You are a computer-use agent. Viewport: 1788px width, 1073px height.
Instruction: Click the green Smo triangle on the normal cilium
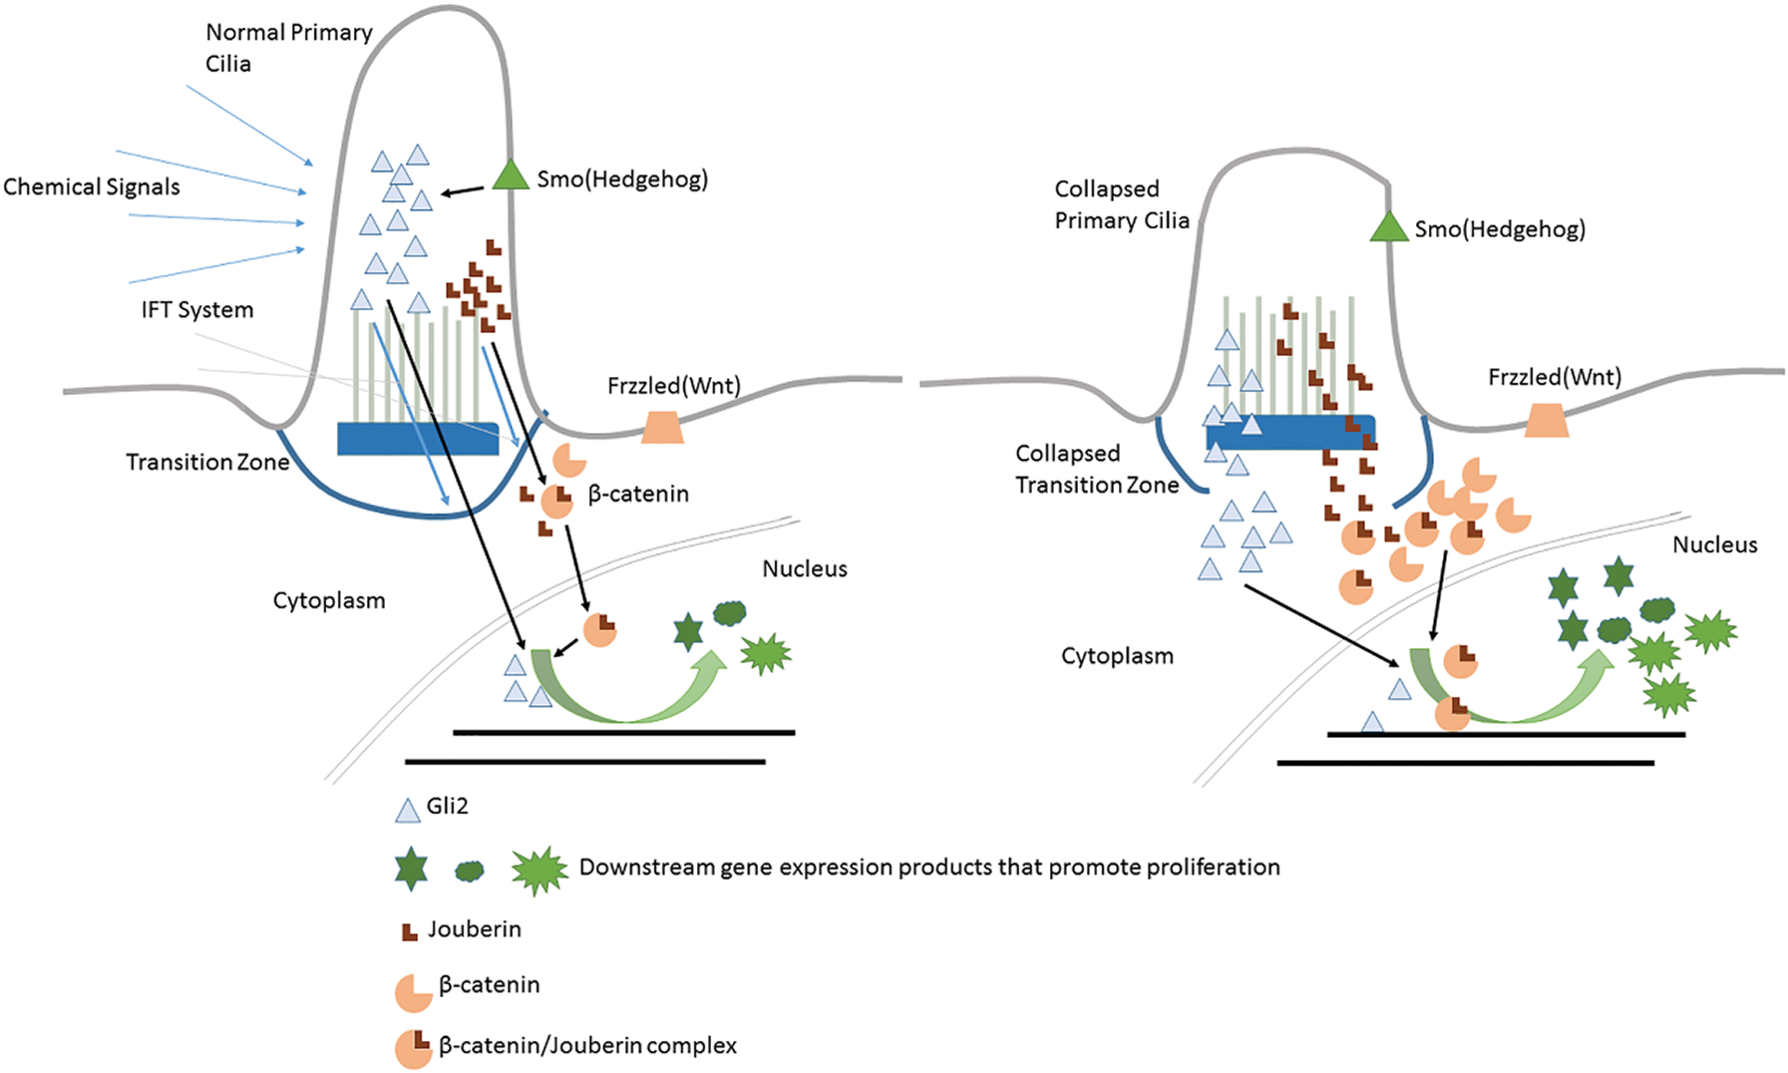[x=511, y=177]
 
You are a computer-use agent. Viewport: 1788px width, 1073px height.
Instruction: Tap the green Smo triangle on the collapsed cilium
[x=1388, y=228]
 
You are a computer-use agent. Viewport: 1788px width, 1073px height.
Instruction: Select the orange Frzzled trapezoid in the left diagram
[x=662, y=427]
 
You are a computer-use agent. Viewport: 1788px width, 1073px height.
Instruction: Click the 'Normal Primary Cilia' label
[x=288, y=48]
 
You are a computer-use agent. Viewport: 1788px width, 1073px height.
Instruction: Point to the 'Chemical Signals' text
[x=92, y=187]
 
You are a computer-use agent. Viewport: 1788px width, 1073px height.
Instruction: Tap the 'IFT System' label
[x=197, y=310]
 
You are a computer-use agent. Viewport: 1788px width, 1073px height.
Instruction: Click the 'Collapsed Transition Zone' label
[x=1096, y=469]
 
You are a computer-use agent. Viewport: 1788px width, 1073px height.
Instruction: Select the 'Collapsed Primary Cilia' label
[x=1122, y=204]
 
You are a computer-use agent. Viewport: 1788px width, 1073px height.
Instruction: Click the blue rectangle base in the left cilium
[x=418, y=439]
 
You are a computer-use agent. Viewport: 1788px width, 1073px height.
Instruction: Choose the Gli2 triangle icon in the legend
[x=408, y=811]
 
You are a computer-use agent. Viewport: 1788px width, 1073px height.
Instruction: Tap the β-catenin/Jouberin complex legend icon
[x=413, y=1048]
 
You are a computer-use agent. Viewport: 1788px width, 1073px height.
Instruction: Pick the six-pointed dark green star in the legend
[x=411, y=870]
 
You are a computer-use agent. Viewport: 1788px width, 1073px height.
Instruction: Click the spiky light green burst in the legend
[x=538, y=872]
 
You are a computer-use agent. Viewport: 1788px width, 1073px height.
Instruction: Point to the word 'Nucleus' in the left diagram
[x=805, y=569]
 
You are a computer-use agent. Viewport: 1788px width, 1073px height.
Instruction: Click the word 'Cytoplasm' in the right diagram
[x=1117, y=656]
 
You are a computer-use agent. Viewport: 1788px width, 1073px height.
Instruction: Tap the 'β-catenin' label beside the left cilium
[x=638, y=494]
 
